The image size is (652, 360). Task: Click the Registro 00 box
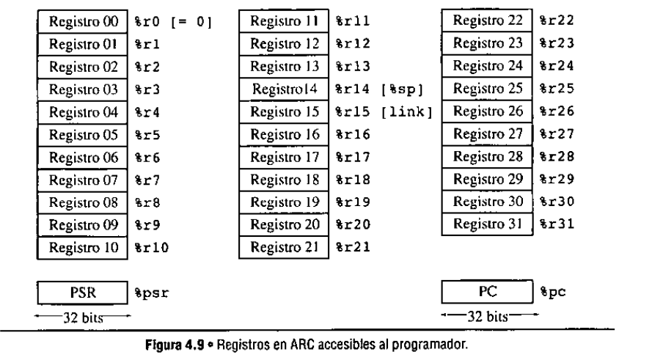pos(84,23)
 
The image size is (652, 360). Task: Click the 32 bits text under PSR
pos(82,317)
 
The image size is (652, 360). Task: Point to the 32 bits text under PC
pos(488,317)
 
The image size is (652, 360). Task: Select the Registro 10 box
pos(84,247)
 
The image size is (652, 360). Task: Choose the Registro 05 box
pos(84,135)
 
